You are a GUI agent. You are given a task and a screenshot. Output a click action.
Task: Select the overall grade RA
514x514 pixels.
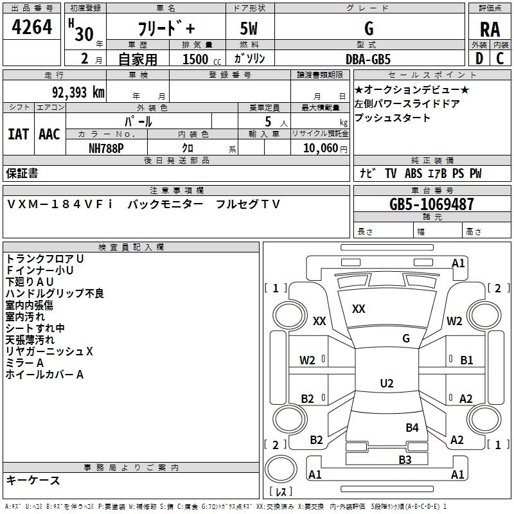click(490, 30)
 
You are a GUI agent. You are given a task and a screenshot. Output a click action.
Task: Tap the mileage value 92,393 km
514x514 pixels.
click(75, 93)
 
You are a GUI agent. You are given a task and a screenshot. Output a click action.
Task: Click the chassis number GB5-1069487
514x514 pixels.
click(432, 204)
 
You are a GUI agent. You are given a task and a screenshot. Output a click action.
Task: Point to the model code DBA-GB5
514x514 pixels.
click(368, 58)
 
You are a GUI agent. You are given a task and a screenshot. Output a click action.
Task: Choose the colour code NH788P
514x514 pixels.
click(106, 148)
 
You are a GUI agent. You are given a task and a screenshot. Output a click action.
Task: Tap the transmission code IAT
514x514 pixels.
click(18, 134)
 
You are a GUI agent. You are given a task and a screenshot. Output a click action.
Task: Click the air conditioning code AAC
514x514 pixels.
click(49, 134)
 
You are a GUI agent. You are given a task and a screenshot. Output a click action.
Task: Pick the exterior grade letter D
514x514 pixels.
click(479, 58)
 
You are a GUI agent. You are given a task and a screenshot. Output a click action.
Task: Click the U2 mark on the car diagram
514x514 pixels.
click(386, 384)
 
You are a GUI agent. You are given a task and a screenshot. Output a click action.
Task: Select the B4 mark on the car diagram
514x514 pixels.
click(412, 427)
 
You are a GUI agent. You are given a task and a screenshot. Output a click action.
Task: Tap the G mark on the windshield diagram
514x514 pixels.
click(405, 338)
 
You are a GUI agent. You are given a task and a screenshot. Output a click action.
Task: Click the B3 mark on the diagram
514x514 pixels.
click(405, 459)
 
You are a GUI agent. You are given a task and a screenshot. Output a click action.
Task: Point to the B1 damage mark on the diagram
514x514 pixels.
click(466, 360)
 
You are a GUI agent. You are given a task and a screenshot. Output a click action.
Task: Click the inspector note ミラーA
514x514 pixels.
click(24, 363)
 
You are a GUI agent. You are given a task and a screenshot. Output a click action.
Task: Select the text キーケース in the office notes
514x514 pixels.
click(33, 481)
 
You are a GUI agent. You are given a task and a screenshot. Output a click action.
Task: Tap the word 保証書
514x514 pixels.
click(22, 173)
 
